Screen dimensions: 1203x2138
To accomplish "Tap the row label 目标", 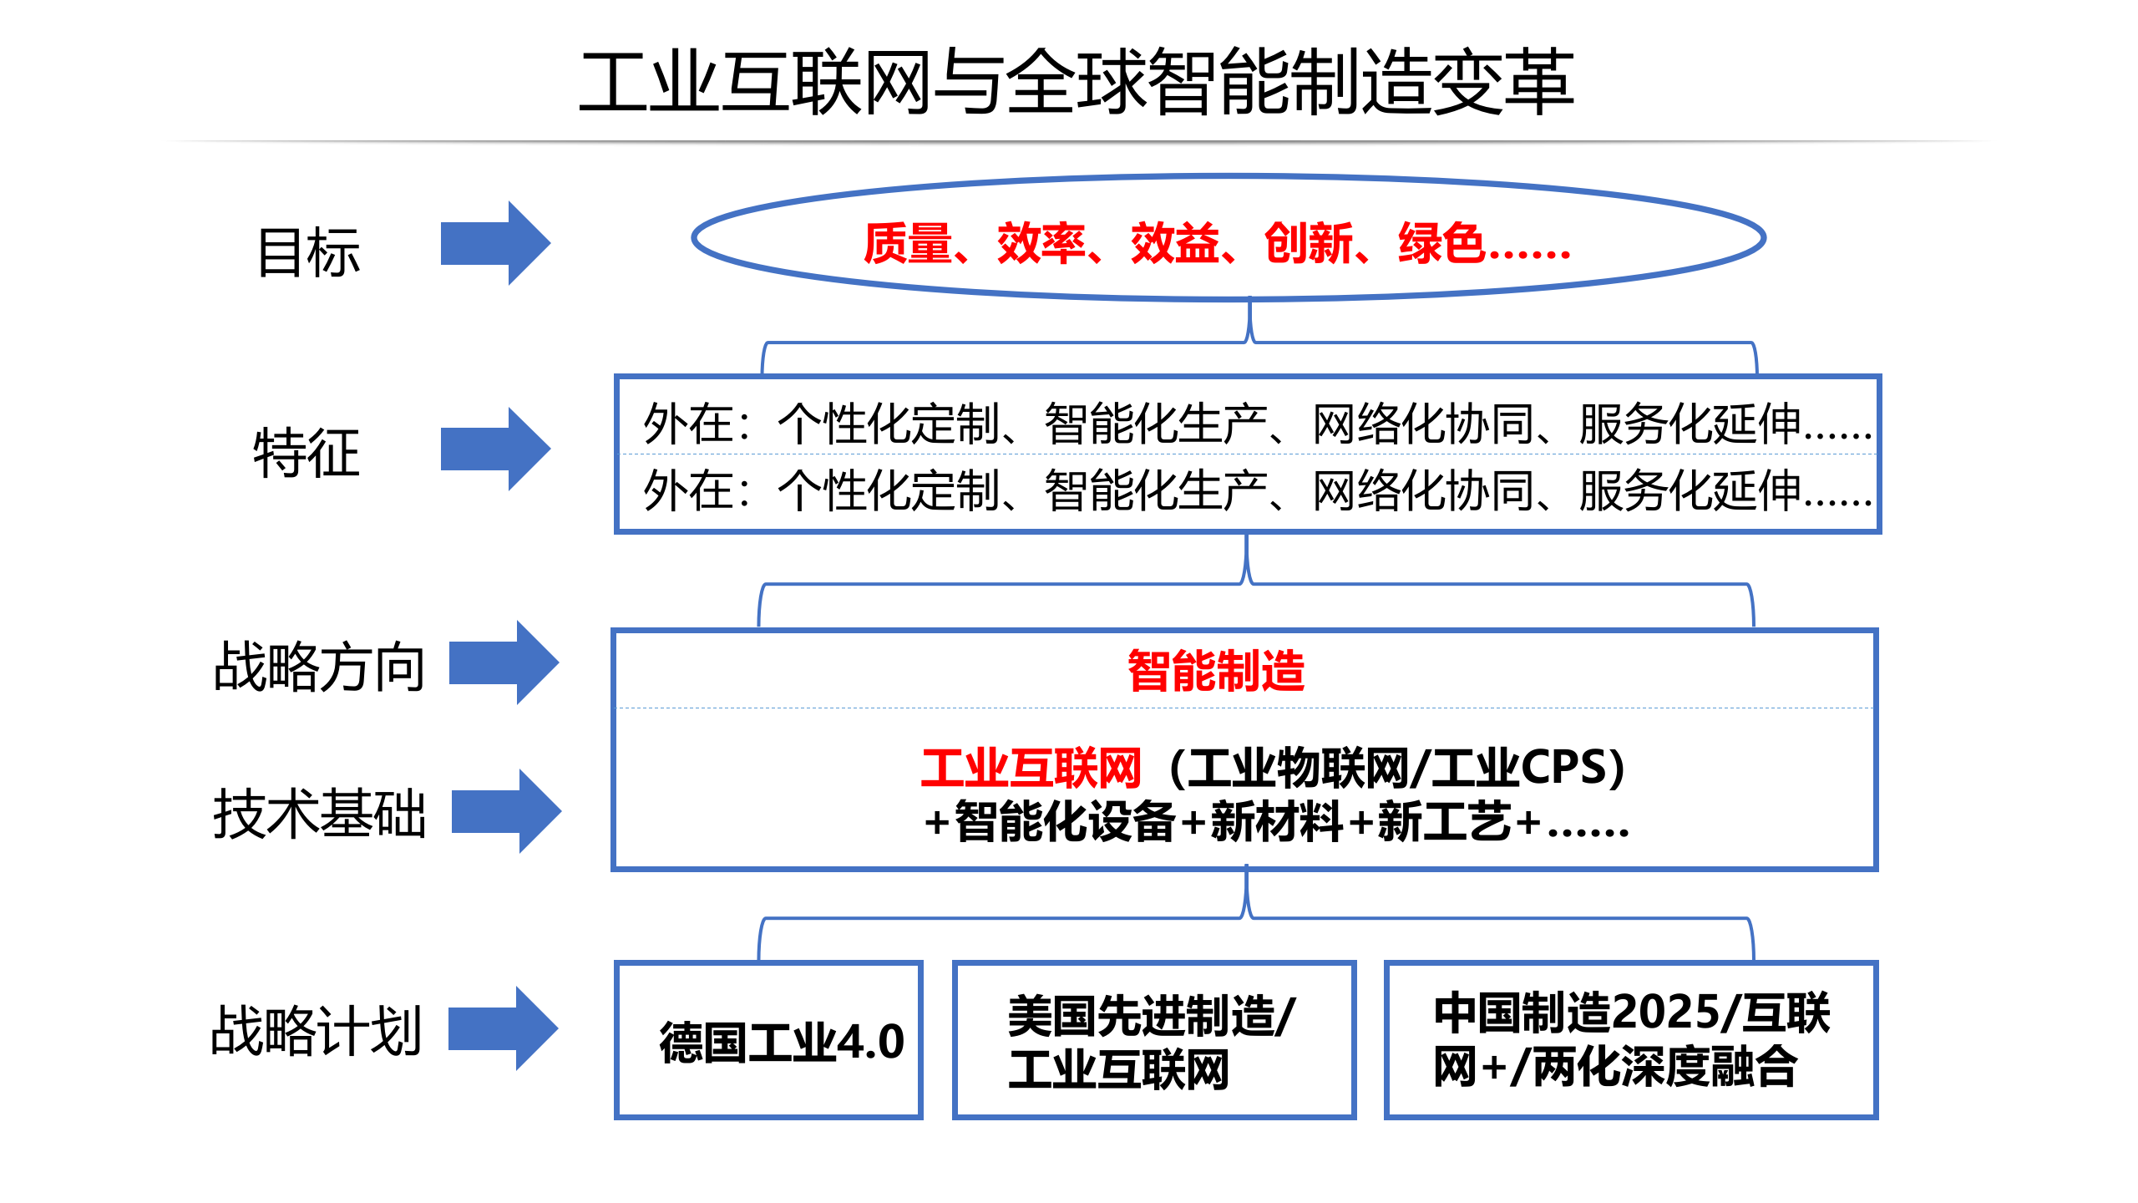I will pos(308,252).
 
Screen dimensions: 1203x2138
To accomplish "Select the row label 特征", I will pos(307,453).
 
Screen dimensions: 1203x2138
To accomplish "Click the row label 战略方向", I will pos(319,667).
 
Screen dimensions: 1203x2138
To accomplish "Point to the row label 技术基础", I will pos(319,813).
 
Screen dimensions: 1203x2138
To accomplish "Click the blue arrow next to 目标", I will pos(494,243).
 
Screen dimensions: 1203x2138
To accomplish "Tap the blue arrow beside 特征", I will pos(494,449).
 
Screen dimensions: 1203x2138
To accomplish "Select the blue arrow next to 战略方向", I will pos(503,662).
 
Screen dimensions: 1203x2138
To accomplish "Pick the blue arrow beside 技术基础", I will pos(505,811).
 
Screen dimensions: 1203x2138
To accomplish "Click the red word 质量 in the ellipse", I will pos(907,244).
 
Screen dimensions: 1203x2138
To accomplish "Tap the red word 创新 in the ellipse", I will pos(1308,244).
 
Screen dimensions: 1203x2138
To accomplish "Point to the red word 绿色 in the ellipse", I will pos(1441,244).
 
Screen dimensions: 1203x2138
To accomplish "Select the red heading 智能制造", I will pos(1216,671).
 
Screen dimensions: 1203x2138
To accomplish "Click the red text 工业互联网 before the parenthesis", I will pos(1031,768).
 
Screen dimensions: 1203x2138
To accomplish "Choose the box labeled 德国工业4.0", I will pos(768,1040).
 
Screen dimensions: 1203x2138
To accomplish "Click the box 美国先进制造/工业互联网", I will pos(1153,1040).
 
